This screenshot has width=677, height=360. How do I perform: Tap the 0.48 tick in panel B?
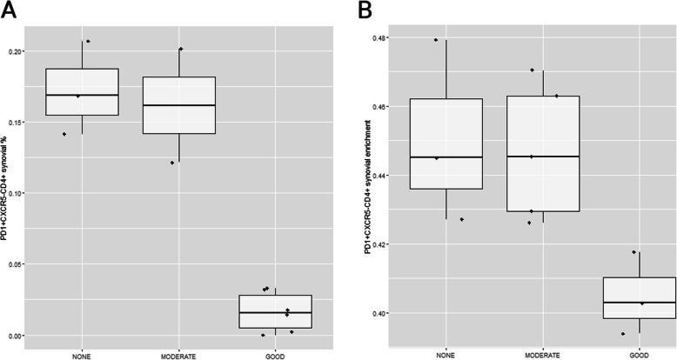[385, 38]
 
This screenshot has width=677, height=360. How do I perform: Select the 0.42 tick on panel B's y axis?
[385, 244]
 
